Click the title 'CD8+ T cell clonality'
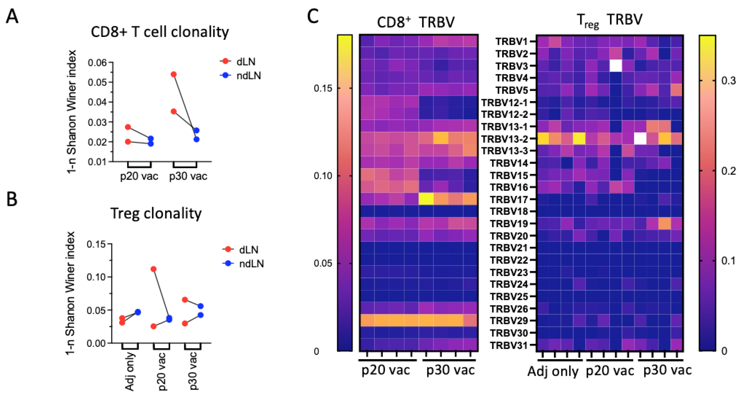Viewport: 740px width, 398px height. (160, 32)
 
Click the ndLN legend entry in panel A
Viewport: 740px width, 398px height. (248, 76)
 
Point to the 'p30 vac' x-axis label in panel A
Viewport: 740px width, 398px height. (188, 176)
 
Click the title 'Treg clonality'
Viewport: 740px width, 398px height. (156, 214)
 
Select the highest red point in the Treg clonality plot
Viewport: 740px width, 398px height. (153, 269)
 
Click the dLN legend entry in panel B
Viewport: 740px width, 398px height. (248, 250)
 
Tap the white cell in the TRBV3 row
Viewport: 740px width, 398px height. (616, 66)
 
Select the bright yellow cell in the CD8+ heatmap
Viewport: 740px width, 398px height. (426, 199)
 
